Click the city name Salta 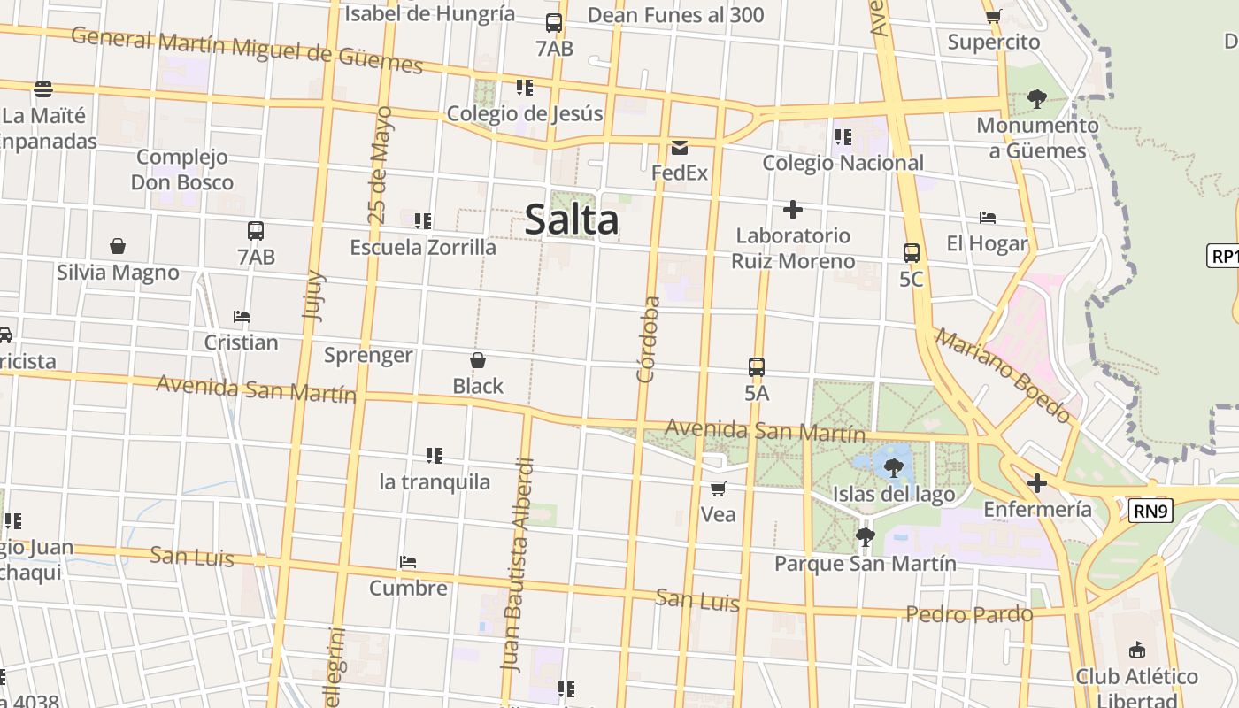click(x=571, y=219)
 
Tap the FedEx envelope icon click(x=680, y=147)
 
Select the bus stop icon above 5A click(x=757, y=366)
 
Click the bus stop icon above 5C click(x=912, y=253)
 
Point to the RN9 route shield click(x=1150, y=510)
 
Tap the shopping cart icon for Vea click(x=719, y=489)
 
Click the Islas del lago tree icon click(x=894, y=468)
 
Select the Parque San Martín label click(x=865, y=563)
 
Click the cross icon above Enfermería click(x=1037, y=483)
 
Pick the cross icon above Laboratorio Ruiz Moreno click(x=793, y=210)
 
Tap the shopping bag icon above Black click(x=478, y=360)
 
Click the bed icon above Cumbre click(x=408, y=562)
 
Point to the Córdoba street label click(x=649, y=339)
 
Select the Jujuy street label click(x=313, y=296)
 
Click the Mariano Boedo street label click(x=1004, y=374)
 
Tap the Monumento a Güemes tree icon click(x=1037, y=99)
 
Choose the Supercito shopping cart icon click(x=994, y=16)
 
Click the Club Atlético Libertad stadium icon click(x=1137, y=650)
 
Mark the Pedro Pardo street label click(x=969, y=614)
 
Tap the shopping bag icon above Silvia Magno click(x=118, y=246)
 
